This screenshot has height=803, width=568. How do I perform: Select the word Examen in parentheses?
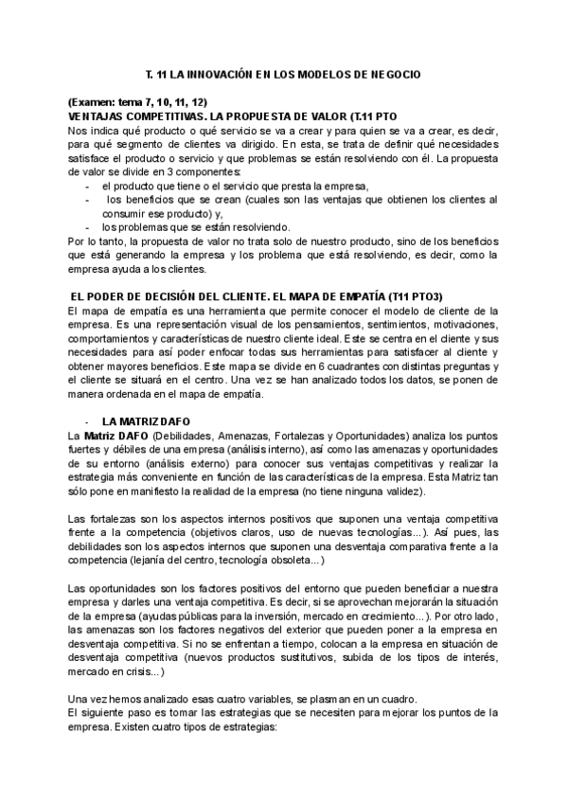click(93, 101)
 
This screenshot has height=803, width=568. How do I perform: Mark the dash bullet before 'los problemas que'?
click(88, 227)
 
